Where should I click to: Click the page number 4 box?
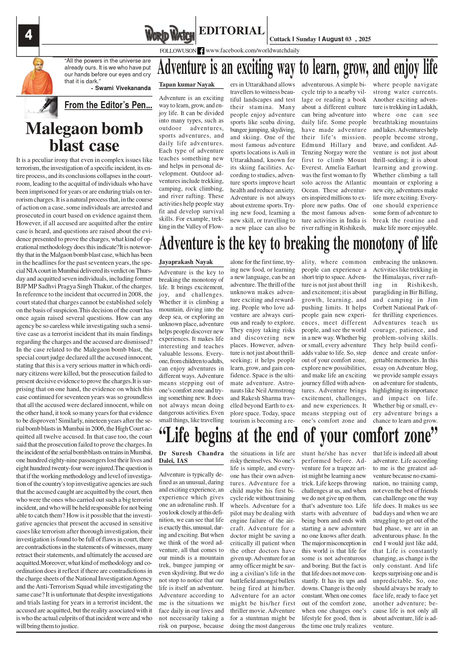(x=29, y=35)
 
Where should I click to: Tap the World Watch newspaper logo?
(x=169, y=34)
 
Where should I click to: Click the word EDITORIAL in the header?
(x=231, y=30)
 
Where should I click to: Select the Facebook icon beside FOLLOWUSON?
(x=201, y=51)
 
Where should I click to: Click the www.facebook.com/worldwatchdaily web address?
(x=252, y=51)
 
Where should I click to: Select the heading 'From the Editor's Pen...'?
(x=108, y=105)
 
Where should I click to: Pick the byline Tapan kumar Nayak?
(x=186, y=85)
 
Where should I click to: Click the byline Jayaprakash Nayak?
(x=186, y=262)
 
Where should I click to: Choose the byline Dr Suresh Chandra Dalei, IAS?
(x=191, y=457)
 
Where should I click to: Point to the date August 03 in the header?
(x=337, y=39)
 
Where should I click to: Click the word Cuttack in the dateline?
(x=280, y=39)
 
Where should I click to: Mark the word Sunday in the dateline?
(x=306, y=39)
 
